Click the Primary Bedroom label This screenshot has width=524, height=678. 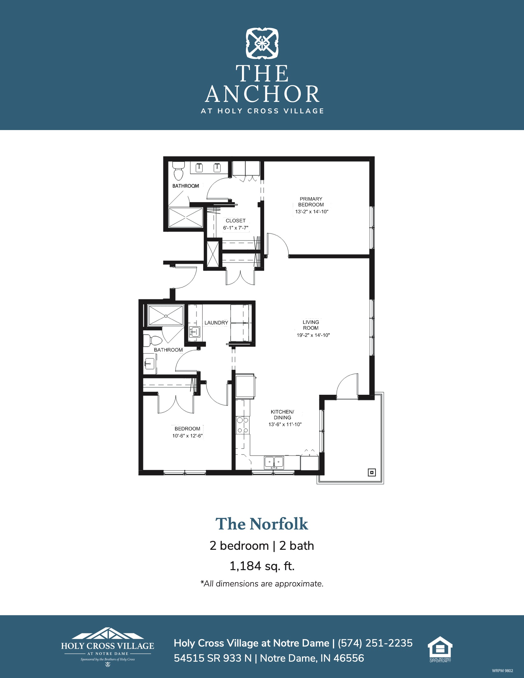[x=311, y=202]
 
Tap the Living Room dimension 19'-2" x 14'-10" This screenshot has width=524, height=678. [x=313, y=335]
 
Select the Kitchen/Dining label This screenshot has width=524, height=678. [x=282, y=415]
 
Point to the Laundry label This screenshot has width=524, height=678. [x=216, y=323]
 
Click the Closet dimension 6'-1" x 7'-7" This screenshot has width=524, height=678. [x=235, y=228]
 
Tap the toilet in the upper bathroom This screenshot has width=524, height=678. [x=178, y=171]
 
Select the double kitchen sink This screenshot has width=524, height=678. [x=274, y=462]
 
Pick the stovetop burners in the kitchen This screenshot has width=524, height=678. [x=243, y=425]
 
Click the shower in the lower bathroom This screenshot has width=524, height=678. [x=166, y=316]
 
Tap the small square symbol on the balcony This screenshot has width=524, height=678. [x=372, y=472]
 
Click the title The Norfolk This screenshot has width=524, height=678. [x=262, y=524]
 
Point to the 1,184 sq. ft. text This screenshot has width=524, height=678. [x=262, y=566]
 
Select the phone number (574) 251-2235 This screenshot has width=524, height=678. [x=375, y=643]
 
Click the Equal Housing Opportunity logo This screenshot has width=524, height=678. [x=440, y=649]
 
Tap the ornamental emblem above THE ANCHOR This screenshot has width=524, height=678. [x=262, y=43]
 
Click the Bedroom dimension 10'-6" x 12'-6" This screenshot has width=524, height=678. [x=187, y=435]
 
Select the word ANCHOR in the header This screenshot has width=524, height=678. [x=262, y=94]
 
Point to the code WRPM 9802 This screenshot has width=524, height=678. [x=503, y=671]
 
